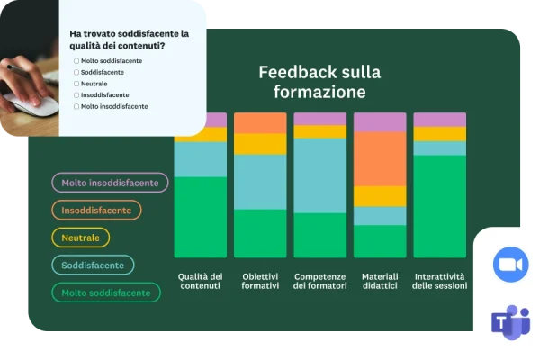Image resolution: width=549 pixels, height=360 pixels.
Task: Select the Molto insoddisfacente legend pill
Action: [110, 183]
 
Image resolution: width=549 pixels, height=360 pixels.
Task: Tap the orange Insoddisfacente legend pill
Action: [96, 210]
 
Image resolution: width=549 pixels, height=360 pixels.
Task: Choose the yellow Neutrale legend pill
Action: [81, 238]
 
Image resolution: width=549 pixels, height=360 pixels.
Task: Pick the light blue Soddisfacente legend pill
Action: [93, 265]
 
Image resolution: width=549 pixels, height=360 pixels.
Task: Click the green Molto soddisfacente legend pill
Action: [106, 292]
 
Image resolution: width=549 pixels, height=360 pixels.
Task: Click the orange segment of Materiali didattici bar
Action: [380, 158]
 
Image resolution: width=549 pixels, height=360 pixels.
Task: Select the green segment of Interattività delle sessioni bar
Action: [440, 207]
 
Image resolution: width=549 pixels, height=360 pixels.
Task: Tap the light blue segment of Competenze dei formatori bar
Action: [320, 175]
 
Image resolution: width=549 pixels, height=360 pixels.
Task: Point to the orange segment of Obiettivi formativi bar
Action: [260, 122]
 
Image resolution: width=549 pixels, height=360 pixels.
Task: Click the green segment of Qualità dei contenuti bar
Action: [201, 216]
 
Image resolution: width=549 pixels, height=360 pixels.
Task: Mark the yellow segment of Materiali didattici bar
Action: [380, 196]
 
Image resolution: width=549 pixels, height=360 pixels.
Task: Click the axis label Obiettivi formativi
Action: [260, 281]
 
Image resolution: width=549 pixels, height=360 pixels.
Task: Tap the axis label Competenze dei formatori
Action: [320, 281]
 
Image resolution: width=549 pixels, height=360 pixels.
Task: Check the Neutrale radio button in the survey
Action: [76, 84]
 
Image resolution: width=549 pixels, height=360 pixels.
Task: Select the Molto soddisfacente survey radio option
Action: [76, 60]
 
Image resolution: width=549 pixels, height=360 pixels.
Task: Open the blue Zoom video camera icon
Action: [510, 264]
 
